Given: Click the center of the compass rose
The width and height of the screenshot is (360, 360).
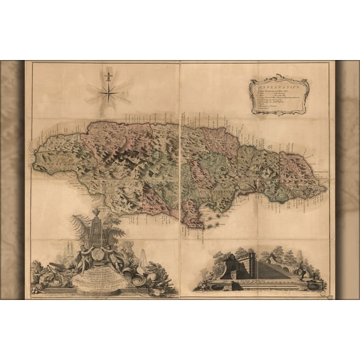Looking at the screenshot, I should point(109,94).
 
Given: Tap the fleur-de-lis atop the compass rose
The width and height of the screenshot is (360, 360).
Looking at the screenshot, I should point(109,76).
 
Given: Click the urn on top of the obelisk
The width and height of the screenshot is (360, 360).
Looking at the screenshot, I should point(96,212).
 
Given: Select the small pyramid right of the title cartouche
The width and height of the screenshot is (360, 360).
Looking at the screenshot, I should point(143,259).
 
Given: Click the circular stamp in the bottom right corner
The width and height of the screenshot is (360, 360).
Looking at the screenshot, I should point(321,287).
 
